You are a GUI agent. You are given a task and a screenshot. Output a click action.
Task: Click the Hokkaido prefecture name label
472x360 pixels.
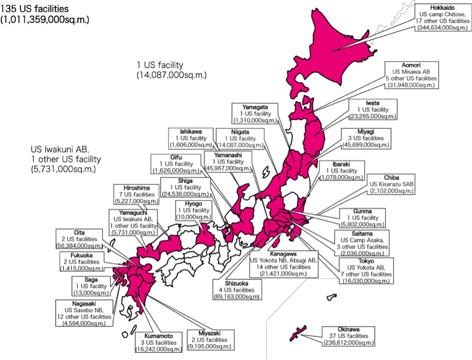tap(443, 7)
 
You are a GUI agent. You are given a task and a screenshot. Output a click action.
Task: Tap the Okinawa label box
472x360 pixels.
tap(348, 335)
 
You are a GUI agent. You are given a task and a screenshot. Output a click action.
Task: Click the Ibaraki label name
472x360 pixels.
tap(341, 164)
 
